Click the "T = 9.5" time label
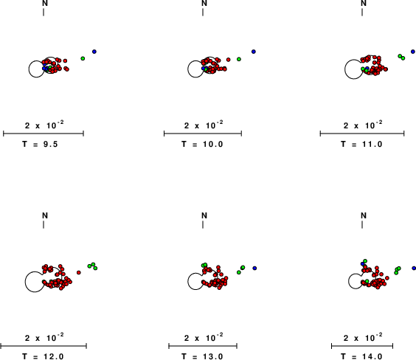[x=40, y=145]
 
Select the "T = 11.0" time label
[x=361, y=145]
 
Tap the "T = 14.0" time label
[x=361, y=356]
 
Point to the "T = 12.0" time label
[x=44, y=356]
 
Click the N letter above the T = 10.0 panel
[x=204, y=4]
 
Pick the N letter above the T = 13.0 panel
[x=204, y=215]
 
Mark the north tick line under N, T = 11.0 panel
[x=362, y=13]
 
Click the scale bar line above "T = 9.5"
[x=44, y=134]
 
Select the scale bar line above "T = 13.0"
[x=203, y=346]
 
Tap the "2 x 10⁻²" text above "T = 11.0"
[x=363, y=125]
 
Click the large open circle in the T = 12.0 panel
[x=35, y=282]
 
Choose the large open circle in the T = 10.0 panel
[x=195, y=69]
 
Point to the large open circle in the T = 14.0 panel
[x=356, y=281]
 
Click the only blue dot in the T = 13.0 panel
[x=254, y=269]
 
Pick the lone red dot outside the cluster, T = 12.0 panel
[x=78, y=272]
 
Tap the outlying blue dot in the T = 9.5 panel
[x=94, y=52]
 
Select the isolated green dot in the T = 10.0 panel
[x=239, y=59]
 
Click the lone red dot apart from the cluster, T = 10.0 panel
[x=229, y=60]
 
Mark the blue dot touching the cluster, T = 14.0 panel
[x=362, y=263]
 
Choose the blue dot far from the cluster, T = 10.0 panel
[x=254, y=52]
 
